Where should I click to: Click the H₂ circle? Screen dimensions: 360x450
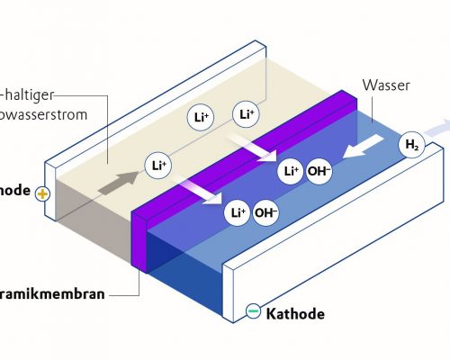[411, 145]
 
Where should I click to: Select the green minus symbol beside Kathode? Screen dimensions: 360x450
[254, 312]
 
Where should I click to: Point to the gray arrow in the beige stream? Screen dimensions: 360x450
[114, 185]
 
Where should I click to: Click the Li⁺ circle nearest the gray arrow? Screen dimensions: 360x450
[158, 165]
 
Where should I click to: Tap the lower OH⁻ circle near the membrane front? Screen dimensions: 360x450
[265, 212]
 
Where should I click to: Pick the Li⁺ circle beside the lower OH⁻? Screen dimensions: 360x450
[237, 212]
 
